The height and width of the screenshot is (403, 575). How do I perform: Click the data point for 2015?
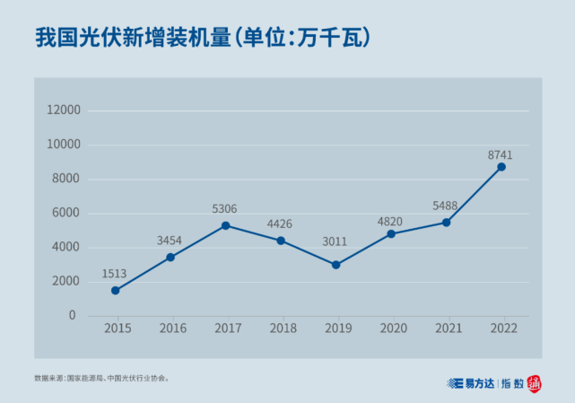116,290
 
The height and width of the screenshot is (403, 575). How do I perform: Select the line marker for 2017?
226,225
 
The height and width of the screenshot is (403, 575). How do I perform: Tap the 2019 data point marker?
335,265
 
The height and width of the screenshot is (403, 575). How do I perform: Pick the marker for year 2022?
501,167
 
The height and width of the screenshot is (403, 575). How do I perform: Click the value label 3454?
170,241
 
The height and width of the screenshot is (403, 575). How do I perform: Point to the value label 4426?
279,223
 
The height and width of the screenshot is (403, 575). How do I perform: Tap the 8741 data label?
500,155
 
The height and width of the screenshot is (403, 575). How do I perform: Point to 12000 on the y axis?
64,110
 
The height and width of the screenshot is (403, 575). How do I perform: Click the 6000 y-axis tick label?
66,213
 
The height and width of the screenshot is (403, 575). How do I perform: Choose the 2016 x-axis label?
172,329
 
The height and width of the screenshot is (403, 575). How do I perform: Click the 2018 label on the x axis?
283,329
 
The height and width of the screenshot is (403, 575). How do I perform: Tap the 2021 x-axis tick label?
448,329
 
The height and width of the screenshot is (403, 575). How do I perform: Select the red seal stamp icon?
535,383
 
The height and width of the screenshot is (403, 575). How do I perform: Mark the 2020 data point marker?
391,233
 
